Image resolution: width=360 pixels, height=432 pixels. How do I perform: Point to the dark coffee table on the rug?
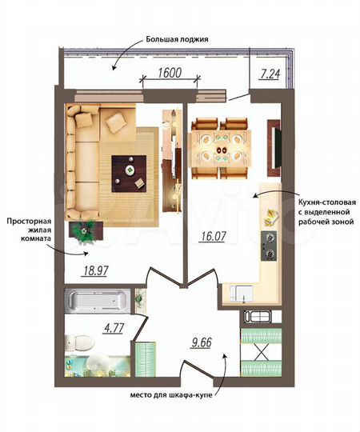coord(128,170)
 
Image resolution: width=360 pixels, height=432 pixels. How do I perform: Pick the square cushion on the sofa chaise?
coord(115,122)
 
